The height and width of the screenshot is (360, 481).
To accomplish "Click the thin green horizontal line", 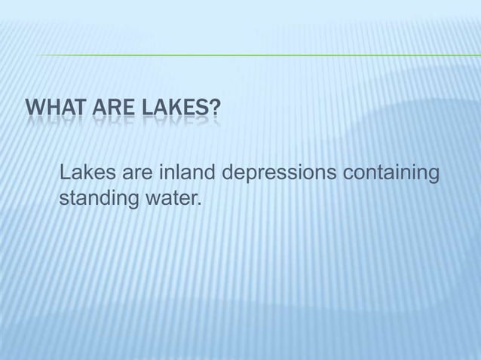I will tap(256, 55).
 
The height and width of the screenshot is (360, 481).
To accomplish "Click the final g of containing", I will tap(434, 177).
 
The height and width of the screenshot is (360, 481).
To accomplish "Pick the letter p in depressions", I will tap(250, 177).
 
